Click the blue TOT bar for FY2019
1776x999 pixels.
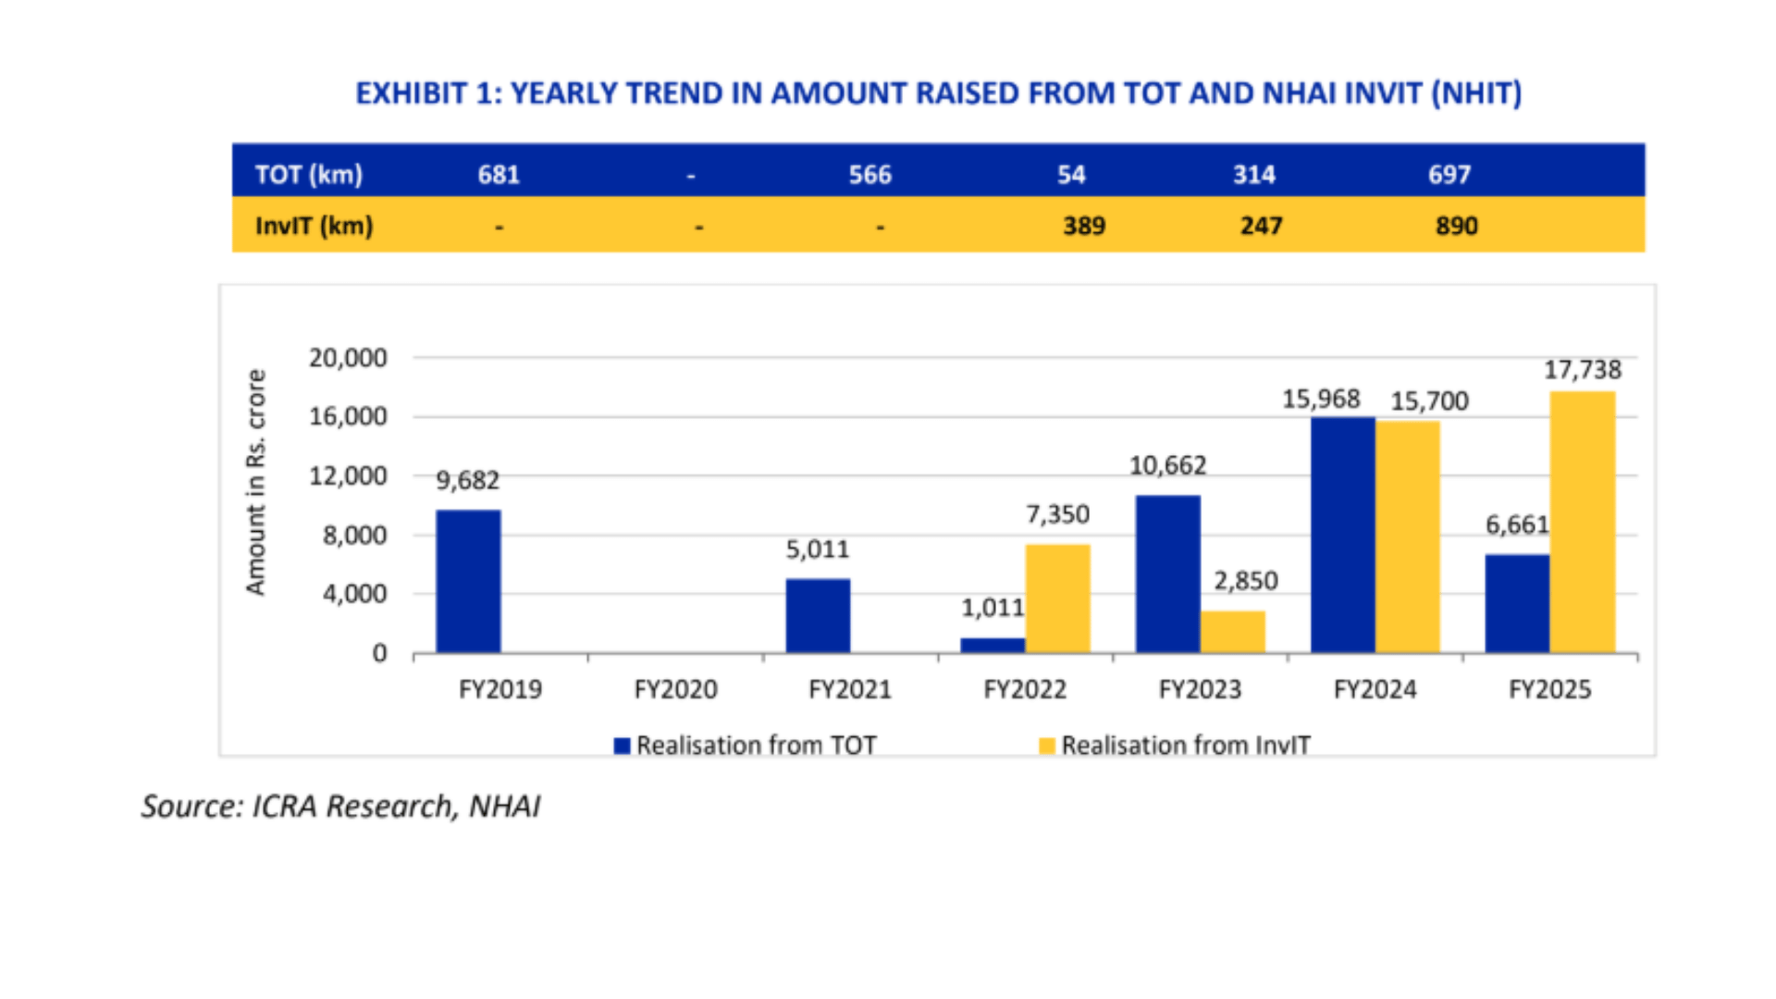click(468, 581)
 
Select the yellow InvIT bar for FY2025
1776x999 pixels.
click(1583, 523)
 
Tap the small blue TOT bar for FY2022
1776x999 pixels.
click(993, 645)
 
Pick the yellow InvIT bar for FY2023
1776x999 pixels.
click(1232, 632)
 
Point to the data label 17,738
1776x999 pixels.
click(1582, 370)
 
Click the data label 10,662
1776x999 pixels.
click(1167, 465)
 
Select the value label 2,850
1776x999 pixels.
click(1245, 581)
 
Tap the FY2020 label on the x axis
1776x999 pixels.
click(675, 689)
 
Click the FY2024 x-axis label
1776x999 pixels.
click(1375, 689)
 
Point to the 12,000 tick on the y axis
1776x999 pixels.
click(348, 476)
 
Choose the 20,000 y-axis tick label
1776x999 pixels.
click(348, 358)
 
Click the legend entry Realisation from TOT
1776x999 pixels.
click(746, 746)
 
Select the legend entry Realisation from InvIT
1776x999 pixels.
click(1175, 746)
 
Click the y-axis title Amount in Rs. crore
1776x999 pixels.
click(255, 482)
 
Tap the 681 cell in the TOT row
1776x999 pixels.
click(499, 175)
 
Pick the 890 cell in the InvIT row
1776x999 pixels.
click(1456, 226)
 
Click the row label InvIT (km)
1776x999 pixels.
click(314, 226)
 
